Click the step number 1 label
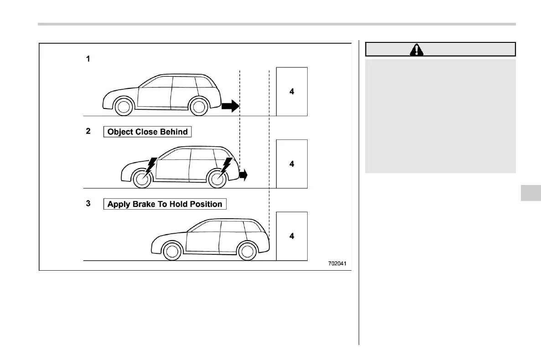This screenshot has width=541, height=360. (88, 59)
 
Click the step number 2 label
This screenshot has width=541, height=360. (88, 131)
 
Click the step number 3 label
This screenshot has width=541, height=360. (88, 204)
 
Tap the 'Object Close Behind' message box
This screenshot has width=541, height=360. (147, 132)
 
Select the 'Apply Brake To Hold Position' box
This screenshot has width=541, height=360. (165, 204)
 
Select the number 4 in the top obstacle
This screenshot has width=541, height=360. (292, 92)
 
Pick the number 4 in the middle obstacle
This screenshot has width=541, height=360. (292, 164)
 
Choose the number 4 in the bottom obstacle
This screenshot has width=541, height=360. (292, 236)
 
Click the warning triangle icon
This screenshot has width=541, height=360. (417, 50)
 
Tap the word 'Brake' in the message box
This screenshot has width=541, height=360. (143, 204)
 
